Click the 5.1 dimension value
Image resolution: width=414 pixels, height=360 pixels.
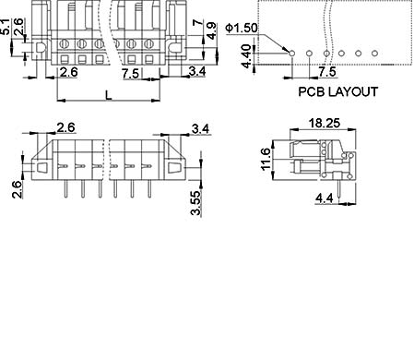click(x=6, y=27)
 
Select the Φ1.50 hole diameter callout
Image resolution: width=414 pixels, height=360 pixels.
click(x=242, y=28)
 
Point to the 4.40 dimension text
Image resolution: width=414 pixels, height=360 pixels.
click(x=246, y=56)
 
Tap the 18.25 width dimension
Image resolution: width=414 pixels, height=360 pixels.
click(x=325, y=123)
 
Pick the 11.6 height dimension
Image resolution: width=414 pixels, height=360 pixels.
click(x=266, y=159)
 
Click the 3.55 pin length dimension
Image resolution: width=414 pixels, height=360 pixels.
click(x=195, y=203)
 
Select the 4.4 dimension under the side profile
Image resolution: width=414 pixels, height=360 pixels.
click(x=325, y=198)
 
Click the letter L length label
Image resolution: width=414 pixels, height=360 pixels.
click(x=109, y=95)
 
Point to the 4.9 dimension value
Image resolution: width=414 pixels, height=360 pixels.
click(x=212, y=30)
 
